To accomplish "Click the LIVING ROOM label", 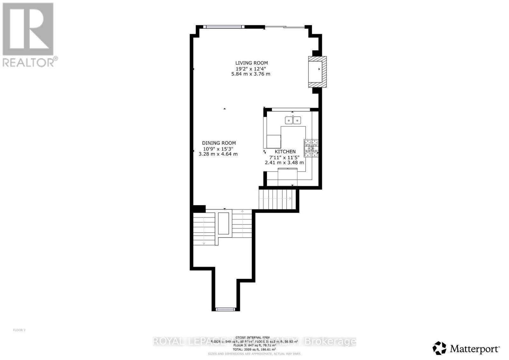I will tap(251, 63).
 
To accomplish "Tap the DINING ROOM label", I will tap(219, 143).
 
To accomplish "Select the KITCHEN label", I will tap(285, 152).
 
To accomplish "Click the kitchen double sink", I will tap(293, 120).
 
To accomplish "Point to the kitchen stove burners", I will tap(311, 148).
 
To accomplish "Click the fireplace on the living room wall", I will tap(317, 72).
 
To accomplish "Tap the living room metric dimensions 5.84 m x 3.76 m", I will tap(251, 74).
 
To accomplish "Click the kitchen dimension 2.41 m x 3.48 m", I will tap(284, 163).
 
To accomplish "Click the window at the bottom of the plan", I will tap(226, 309).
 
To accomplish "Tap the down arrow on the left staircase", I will tap(204, 243).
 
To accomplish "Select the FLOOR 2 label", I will tap(19, 330).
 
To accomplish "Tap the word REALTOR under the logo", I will tap(29, 62).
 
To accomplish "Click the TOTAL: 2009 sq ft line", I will tap(254, 349).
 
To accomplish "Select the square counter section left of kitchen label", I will tap(274, 142).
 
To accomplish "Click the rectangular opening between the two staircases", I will tap(224, 223).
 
